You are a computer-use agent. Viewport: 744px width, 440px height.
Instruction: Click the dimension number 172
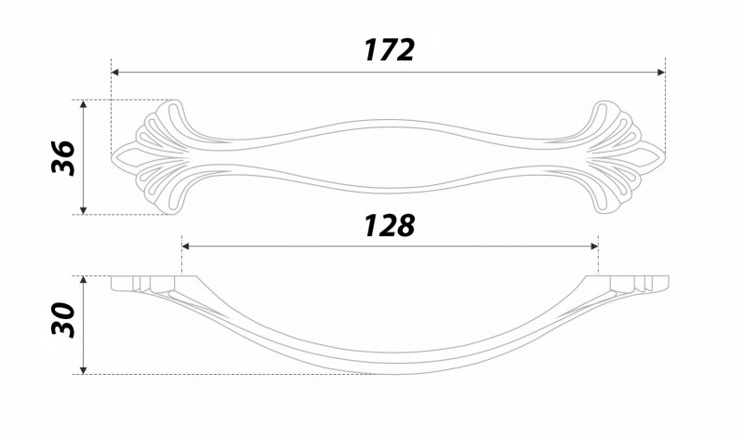[x=388, y=49]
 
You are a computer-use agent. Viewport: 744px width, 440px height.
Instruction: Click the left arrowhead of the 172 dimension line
[x=116, y=72]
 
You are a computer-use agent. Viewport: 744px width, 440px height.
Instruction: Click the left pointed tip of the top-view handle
[x=113, y=156]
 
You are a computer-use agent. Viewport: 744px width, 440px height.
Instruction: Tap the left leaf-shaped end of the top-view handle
[x=158, y=156]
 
